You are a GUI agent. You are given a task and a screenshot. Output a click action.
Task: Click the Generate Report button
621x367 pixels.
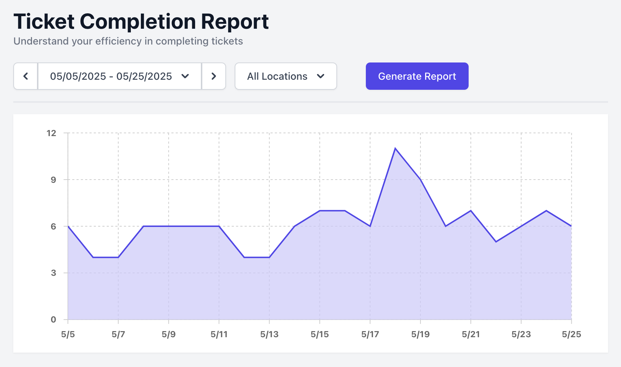(x=417, y=76)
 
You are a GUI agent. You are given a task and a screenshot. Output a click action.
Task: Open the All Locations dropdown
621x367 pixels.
(x=286, y=76)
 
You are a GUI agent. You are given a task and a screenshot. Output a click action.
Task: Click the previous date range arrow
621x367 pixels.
(x=26, y=76)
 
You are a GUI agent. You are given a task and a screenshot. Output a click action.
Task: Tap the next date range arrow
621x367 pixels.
(x=214, y=76)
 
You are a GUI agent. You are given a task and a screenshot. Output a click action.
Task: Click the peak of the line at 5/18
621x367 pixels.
(x=395, y=148)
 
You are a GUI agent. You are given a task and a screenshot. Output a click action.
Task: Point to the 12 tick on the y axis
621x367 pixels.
(x=51, y=133)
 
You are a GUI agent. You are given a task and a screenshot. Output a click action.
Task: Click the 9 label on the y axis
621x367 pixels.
(x=53, y=180)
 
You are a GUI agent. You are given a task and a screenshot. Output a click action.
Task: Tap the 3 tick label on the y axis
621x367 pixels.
(x=53, y=273)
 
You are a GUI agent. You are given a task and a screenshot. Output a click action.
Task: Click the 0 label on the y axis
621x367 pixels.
(x=53, y=320)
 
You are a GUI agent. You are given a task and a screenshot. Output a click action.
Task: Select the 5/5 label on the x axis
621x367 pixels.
(x=68, y=334)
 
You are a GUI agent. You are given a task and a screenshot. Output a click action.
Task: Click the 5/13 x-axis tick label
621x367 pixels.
(x=269, y=334)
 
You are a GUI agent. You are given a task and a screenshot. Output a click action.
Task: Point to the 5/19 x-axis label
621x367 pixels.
(x=420, y=334)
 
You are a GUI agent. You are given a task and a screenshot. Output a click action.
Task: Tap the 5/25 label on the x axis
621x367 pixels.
(x=571, y=334)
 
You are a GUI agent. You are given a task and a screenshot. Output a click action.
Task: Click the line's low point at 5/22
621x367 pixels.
(x=496, y=242)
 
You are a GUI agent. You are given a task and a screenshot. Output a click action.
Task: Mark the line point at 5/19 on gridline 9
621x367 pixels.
(x=420, y=180)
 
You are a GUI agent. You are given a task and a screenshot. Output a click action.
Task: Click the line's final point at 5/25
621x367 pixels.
(x=571, y=226)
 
